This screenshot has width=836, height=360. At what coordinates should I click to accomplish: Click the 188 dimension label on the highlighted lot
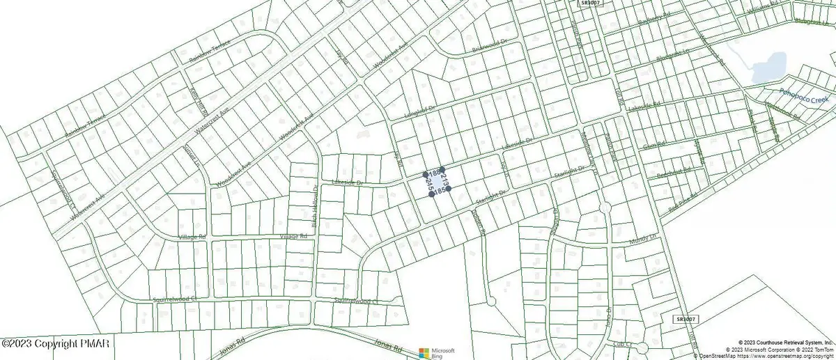click(x=433, y=173)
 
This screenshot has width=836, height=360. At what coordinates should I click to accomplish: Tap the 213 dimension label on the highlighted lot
click(x=445, y=179)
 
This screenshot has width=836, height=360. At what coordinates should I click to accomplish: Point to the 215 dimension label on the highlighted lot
click(x=428, y=185)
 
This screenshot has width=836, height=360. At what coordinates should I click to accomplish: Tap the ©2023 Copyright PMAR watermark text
click(x=43, y=343)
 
